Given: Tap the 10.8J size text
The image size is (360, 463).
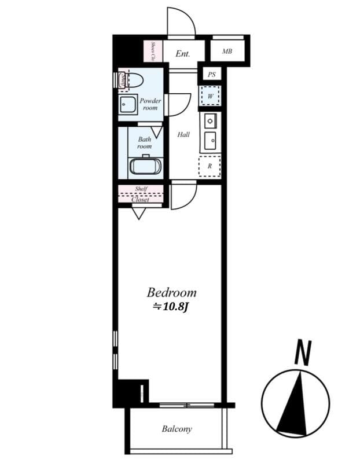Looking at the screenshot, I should [171, 307].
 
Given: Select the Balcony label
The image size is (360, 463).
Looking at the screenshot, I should [177, 429].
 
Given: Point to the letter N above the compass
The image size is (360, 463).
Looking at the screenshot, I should [302, 353].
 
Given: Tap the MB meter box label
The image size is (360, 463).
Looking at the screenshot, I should [227, 52].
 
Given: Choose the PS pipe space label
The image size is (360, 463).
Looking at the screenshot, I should [211, 75].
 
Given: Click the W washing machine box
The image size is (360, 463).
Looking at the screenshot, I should [210, 95].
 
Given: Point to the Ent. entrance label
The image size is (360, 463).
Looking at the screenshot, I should [183, 54].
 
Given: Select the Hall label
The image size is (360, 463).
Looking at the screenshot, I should [183, 135].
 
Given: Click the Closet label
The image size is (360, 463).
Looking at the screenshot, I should [140, 200].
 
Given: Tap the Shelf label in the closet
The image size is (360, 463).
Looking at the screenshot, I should [141, 189].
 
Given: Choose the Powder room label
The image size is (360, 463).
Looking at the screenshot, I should [150, 104].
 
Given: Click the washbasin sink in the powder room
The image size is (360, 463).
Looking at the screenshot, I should [128, 105].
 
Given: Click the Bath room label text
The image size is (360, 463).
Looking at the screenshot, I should [145, 143].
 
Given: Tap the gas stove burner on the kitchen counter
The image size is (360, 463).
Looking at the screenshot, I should [210, 122].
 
